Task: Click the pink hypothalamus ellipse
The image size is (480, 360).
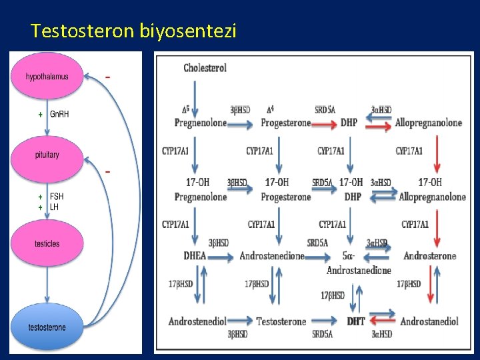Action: coord(47,77)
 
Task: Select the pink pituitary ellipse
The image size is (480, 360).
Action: coord(47,155)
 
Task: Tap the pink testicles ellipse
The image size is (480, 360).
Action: coord(47,243)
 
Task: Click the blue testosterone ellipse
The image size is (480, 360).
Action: coord(47,327)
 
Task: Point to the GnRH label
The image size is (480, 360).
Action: coord(59,115)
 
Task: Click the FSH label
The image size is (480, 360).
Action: coord(58,197)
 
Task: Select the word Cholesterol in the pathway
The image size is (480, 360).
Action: coord(205,68)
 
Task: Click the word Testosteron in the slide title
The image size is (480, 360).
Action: coord(83,31)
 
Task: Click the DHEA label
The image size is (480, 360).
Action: coord(195,256)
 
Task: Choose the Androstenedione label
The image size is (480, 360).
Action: coord(272,256)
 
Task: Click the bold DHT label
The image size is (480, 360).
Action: coord(356,321)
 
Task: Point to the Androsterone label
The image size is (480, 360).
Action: coord(430,256)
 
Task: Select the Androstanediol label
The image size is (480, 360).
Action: coord(429,321)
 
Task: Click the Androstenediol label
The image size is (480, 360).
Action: coord(200,321)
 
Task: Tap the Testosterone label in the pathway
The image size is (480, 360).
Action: coord(281,321)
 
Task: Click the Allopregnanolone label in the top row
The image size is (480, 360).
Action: coord(428,123)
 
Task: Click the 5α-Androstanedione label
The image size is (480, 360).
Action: coord(358,263)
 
